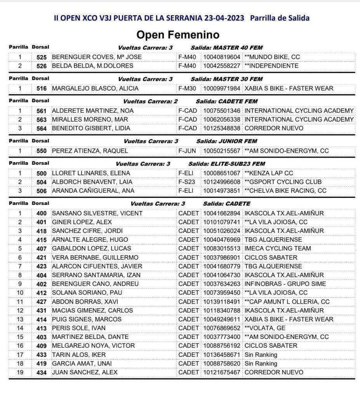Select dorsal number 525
click(x=42, y=57)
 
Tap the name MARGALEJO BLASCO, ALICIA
click(x=95, y=88)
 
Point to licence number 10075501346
click(x=222, y=111)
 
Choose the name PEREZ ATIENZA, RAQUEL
click(x=90, y=151)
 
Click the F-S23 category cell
click(x=187, y=182)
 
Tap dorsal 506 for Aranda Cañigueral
click(x=42, y=191)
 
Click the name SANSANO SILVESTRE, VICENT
click(x=97, y=213)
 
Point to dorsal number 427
click(x=42, y=302)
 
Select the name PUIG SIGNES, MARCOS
click(x=87, y=319)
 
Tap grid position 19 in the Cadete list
click(x=20, y=372)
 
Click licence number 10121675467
click(x=222, y=372)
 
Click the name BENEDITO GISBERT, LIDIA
click(x=91, y=128)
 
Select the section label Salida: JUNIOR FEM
click(x=227, y=141)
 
